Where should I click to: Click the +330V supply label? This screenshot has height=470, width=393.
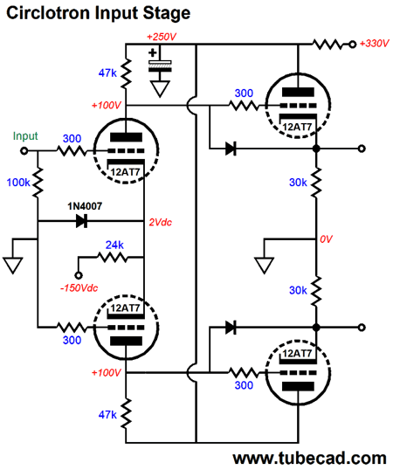(374, 44)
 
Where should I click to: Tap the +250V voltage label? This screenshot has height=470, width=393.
(162, 37)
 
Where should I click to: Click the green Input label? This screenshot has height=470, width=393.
(25, 136)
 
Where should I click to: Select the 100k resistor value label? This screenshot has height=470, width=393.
(18, 183)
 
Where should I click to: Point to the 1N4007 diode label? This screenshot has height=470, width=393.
(85, 206)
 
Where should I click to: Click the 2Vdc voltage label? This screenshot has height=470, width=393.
(160, 222)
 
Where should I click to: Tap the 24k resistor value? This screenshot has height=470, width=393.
(114, 245)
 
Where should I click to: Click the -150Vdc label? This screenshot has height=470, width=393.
(79, 288)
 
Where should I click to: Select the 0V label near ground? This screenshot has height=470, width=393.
(326, 238)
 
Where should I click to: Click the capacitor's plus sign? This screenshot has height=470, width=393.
(153, 53)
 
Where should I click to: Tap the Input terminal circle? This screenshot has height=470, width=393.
(24, 151)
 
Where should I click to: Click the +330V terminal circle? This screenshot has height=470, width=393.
(353, 45)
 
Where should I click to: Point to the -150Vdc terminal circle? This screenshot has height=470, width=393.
(79, 275)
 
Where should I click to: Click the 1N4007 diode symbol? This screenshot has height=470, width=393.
(81, 221)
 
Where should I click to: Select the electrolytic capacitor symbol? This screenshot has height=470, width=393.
(160, 66)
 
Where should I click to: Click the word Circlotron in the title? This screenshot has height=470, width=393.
(48, 13)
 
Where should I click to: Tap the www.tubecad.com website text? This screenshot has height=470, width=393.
(309, 459)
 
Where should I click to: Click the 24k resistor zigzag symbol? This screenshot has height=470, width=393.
(113, 258)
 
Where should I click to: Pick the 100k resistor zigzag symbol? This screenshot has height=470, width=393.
(38, 183)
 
